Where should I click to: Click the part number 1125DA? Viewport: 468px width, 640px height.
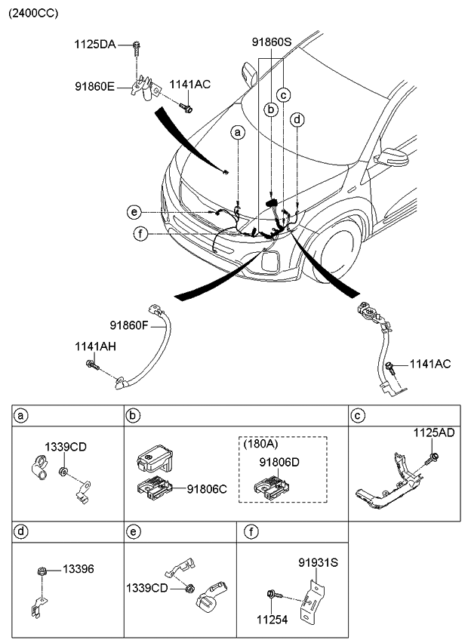coord(94,45)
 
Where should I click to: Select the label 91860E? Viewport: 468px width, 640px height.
coord(94,88)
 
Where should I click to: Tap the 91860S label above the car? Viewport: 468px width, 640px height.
coord(271,44)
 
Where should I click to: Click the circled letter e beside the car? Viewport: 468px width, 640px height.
coord(134,211)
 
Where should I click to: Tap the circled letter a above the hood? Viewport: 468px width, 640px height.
coord(239,133)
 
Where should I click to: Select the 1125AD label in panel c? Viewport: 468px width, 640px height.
coord(433,433)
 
